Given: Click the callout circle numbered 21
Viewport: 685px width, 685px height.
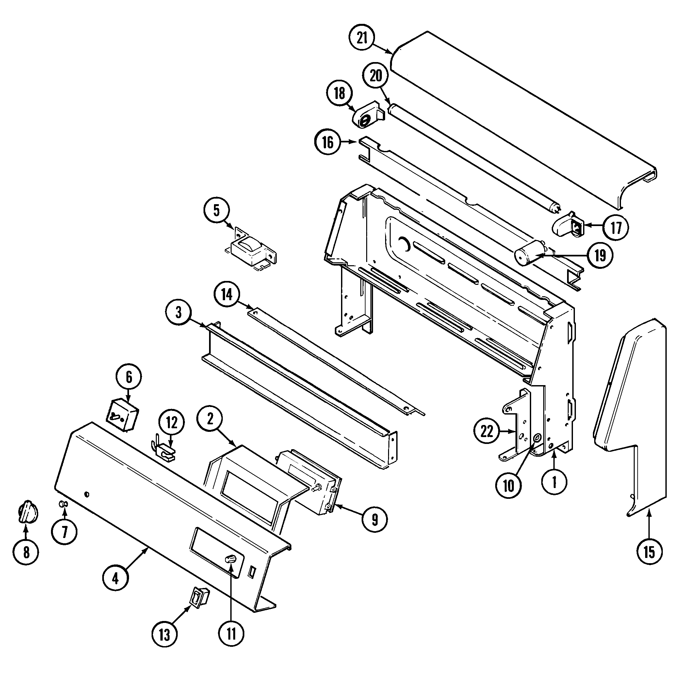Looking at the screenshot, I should [362, 38].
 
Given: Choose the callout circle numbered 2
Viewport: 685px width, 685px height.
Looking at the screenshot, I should [210, 419].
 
